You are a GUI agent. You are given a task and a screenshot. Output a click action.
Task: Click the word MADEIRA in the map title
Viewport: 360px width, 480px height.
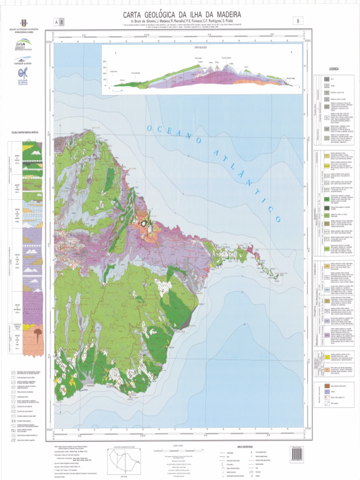point(224,14)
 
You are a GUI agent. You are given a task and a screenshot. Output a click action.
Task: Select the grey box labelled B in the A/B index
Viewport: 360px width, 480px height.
point(61,22)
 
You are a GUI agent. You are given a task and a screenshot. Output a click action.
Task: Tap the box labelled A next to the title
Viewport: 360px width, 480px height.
point(56,22)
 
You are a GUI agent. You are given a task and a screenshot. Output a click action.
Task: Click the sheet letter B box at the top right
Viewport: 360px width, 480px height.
point(298,21)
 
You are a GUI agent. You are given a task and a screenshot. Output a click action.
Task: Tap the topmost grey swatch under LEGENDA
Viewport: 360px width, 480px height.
point(327,80)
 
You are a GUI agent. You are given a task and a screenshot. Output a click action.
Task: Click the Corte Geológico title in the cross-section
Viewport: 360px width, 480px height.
point(198,47)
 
